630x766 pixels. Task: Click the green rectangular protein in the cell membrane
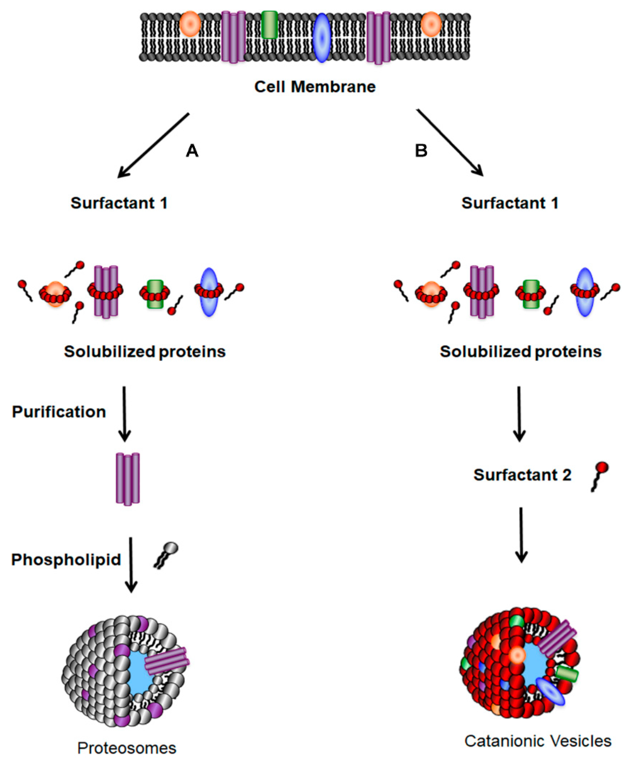tap(269, 25)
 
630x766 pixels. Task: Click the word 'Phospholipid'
tap(66, 560)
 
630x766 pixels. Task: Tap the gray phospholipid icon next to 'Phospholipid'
tap(167, 555)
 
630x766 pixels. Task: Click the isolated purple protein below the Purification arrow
tap(128, 479)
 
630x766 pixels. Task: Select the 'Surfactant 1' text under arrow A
tap(119, 203)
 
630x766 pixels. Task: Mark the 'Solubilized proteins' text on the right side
tap(520, 351)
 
